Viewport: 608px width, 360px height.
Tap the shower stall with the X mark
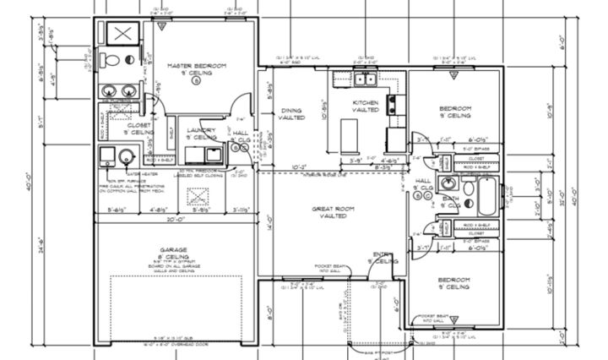(121, 34)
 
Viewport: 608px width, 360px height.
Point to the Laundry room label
(201, 134)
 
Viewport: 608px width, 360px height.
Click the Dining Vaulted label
(291, 113)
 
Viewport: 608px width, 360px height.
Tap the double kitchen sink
(366, 80)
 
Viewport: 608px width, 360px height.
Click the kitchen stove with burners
(393, 104)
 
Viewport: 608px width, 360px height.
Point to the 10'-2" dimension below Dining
(297, 167)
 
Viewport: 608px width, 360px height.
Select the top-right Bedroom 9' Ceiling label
(454, 114)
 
